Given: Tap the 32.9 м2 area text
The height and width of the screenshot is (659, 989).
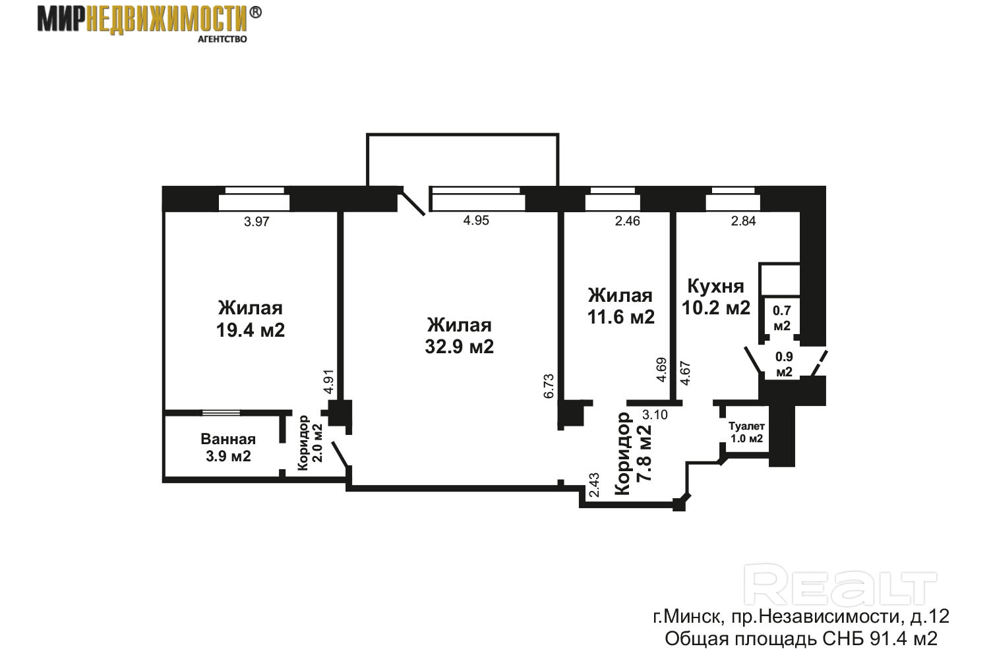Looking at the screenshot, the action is tap(459, 347).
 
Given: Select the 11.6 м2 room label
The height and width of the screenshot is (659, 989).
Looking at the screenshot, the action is tap(621, 317).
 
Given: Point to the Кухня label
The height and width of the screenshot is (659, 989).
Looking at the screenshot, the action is tap(715, 286).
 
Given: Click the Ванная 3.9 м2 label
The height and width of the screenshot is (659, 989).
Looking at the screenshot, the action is tap(228, 447).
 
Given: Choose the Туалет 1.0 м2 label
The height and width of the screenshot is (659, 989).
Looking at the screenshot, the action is tap(746, 432).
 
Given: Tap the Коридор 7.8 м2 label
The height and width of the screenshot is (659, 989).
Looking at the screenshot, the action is tap(633, 453).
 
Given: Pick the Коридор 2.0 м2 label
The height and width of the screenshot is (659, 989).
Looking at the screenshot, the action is tap(310, 443).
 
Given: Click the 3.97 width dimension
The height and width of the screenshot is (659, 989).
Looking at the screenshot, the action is tap(256, 221).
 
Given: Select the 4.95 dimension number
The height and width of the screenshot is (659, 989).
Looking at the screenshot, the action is tap(476, 220).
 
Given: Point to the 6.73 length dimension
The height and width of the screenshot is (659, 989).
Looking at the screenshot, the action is tap(549, 386).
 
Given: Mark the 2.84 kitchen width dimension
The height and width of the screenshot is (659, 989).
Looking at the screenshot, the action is tap(744, 221).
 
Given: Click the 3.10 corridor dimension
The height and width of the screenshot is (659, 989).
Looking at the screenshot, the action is tap(655, 415).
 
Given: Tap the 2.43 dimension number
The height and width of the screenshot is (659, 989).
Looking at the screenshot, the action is tap(594, 485).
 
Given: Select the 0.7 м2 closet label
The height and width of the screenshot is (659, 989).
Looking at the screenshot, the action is tap(781, 318).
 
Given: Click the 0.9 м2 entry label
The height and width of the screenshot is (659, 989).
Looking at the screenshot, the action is tap(784, 364).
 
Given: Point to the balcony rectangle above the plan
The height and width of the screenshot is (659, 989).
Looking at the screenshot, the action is tap(463, 134).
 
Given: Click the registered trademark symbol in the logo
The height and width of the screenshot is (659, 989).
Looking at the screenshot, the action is tap(255, 13).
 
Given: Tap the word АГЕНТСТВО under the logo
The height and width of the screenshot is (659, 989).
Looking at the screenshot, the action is tap(222, 40).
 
